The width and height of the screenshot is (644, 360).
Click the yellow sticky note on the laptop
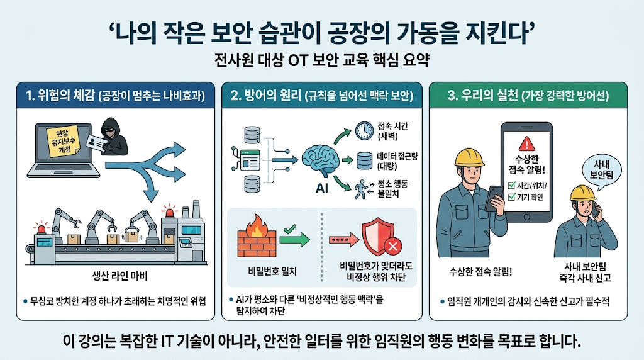pyautogui.click(x=63, y=141)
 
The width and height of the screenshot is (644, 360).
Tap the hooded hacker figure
pyautogui.click(x=112, y=137)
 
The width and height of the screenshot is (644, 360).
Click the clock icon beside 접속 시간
pyautogui.click(x=364, y=131)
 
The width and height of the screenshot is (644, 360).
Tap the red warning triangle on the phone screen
pyautogui.click(x=526, y=144)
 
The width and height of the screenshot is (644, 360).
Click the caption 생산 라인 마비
pyautogui.click(x=119, y=275)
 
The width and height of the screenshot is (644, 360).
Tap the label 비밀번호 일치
pyautogui.click(x=272, y=271)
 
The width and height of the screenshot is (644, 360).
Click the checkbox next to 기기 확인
pyautogui.click(x=511, y=197)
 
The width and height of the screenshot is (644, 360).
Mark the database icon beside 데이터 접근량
pyautogui.click(x=364, y=160)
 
